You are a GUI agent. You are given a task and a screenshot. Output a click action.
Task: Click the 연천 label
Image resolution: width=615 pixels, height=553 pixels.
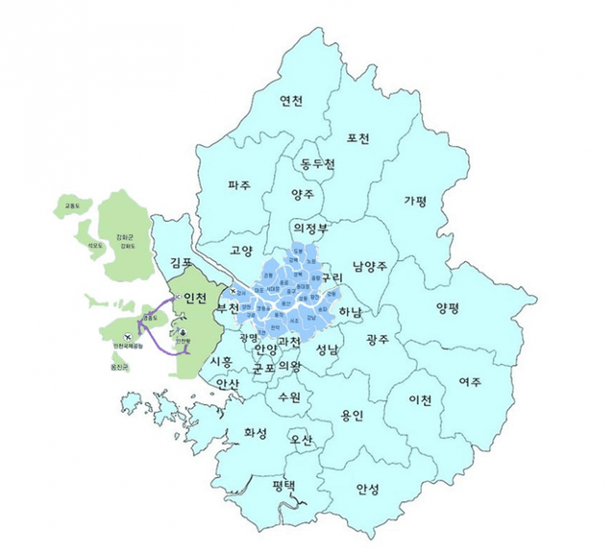[x=291, y=102]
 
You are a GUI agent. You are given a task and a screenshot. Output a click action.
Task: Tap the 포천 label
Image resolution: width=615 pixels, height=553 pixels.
[x=357, y=137]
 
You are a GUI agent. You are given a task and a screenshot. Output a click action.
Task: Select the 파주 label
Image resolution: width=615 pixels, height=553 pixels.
[x=238, y=184]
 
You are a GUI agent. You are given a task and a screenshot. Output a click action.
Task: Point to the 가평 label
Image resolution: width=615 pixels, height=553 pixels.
[x=415, y=201]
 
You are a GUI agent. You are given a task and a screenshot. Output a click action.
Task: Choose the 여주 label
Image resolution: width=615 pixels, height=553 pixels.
[x=470, y=381]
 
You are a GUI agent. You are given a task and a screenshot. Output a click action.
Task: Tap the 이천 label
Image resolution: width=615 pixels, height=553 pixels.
[x=420, y=398]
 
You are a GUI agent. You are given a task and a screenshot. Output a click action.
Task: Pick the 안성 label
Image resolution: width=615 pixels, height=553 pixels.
[x=367, y=489]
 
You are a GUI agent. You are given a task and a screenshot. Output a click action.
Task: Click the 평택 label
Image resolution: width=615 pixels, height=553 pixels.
[x=283, y=485]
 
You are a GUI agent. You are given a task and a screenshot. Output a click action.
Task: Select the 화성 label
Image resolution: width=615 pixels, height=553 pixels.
[x=256, y=433]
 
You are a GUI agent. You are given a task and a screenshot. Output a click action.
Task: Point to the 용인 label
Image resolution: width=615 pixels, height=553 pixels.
[x=352, y=416]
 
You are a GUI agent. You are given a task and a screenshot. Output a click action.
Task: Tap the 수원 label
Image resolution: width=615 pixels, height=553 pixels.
[x=288, y=396]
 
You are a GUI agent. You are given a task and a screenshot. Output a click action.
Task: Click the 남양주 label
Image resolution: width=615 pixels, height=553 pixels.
[x=369, y=266]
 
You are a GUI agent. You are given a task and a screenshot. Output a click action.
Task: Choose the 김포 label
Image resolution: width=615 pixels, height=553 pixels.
[x=181, y=262]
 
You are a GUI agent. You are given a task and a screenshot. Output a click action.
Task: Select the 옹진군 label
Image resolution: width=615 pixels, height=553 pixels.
[x=119, y=366]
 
